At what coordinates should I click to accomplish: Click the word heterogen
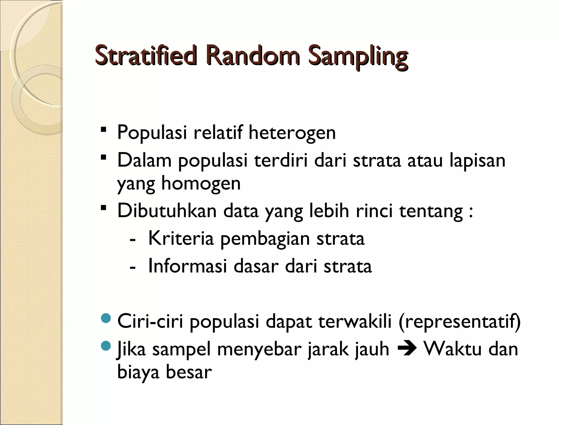[292, 133]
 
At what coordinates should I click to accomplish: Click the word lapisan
[477, 160]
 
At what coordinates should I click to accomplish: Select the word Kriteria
[181, 238]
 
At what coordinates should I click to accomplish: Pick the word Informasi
[187, 266]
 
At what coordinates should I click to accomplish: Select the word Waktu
[453, 349]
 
